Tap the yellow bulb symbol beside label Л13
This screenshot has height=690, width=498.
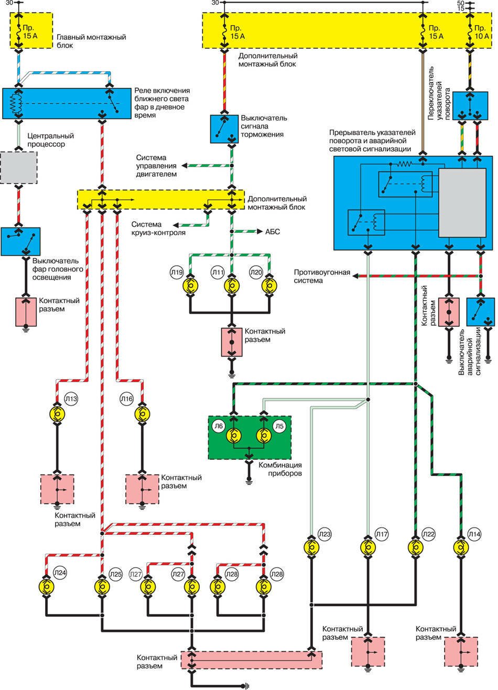point(57,414)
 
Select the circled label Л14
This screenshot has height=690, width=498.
point(474,534)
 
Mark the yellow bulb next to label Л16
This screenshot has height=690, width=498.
point(140,414)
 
